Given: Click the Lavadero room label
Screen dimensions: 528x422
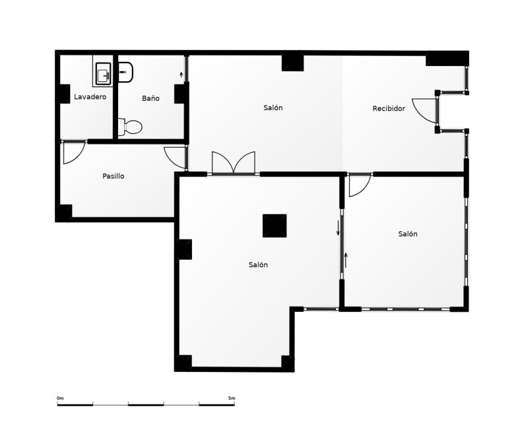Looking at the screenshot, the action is pos(90,97).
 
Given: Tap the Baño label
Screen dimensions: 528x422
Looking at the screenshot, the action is pos(150,98).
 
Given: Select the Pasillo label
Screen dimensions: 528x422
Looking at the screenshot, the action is pos(113,176).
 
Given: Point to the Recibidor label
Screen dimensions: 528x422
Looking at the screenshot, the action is pos(389,108).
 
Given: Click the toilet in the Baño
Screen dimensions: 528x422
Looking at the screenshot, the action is pos(130,127).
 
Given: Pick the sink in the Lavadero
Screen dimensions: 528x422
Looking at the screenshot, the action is pos(104,74).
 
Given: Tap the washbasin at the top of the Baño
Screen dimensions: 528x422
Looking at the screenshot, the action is pos(125,72).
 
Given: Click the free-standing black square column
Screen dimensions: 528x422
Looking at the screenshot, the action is pos(275,226).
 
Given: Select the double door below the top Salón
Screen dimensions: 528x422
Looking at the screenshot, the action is pos(234,163).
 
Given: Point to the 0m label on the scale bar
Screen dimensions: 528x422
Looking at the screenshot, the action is pos(60,398).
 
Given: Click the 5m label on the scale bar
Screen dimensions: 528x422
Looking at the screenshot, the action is pos(232,398).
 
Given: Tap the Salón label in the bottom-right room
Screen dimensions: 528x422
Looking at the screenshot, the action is pos(408,234).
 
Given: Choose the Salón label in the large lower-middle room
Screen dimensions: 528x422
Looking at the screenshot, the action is pos(258,265).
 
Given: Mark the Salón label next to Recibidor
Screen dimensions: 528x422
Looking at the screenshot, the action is pos(273,107).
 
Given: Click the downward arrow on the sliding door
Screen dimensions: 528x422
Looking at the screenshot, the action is pos(338,228).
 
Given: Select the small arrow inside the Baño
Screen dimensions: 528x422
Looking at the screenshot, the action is pos(181,75).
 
